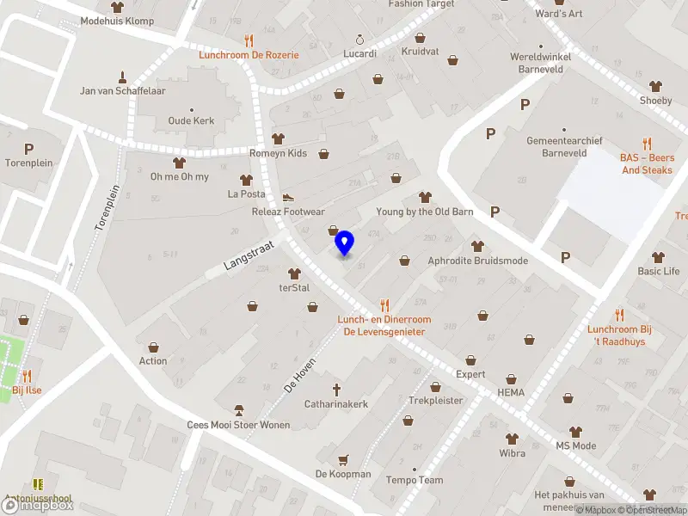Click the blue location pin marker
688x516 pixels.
click(x=345, y=243)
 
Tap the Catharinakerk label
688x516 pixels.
click(x=336, y=403)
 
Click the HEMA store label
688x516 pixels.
click(x=510, y=393)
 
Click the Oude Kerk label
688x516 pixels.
click(x=191, y=121)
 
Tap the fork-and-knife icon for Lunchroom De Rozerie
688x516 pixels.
click(x=249, y=40)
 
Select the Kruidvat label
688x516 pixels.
click(x=420, y=52)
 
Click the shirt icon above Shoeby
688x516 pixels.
click(x=655, y=86)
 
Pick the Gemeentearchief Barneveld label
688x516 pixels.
click(x=564, y=147)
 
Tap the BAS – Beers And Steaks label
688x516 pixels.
click(x=648, y=163)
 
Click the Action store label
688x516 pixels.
click(x=153, y=361)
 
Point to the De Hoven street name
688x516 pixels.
click(x=300, y=376)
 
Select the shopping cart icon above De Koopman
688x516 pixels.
click(x=343, y=460)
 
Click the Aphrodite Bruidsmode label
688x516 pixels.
click(x=477, y=261)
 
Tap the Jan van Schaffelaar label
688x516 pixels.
click(x=122, y=90)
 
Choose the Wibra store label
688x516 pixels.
click(x=513, y=452)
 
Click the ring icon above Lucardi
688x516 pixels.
click(x=359, y=40)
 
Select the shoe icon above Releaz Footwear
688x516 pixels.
click(x=288, y=197)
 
